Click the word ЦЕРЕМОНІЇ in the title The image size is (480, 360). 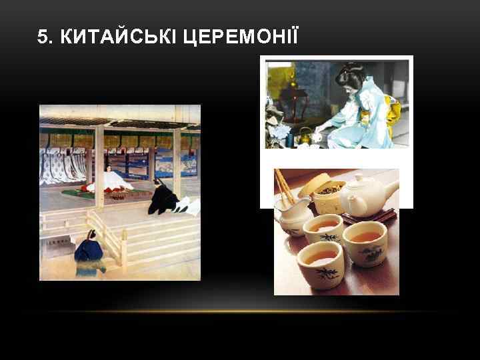(x=230, y=37)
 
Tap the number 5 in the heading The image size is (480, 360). (x=43, y=37)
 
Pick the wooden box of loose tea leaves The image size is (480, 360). (x=327, y=193)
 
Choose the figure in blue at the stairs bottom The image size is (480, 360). (x=89, y=251)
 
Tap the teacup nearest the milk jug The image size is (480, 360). (x=323, y=229)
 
